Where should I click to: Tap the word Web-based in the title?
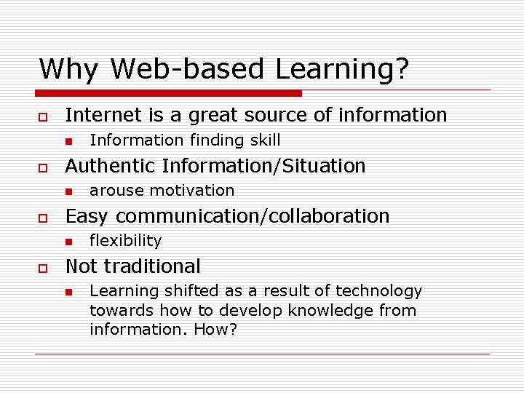click(x=189, y=69)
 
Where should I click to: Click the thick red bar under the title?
click(x=169, y=93)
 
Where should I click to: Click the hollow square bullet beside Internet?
click(x=43, y=116)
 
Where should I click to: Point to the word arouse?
click(x=111, y=191)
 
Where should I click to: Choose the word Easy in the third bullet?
click(x=86, y=216)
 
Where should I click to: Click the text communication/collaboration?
click(x=253, y=216)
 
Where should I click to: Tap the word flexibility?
click(x=125, y=241)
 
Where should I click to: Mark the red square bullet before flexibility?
click(x=68, y=242)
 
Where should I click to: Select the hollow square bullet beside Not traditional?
click(x=43, y=268)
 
